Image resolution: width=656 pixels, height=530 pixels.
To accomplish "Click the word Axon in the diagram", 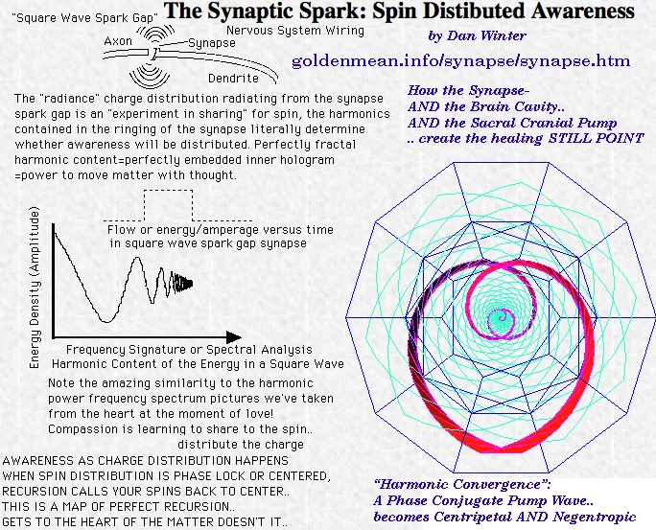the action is click(x=118, y=41).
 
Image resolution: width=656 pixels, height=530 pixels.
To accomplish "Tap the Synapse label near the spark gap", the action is click(x=212, y=43).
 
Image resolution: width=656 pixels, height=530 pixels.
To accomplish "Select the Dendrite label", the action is click(x=233, y=79).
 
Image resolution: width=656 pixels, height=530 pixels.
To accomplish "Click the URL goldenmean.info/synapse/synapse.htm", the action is click(x=461, y=61).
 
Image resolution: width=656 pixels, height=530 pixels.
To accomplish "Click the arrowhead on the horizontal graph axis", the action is click(x=234, y=337).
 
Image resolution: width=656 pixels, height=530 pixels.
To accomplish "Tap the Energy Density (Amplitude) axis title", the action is click(x=35, y=288).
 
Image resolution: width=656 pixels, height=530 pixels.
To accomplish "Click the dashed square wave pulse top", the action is click(x=168, y=191).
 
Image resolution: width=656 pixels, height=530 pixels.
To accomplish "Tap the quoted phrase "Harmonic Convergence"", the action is click(x=462, y=484).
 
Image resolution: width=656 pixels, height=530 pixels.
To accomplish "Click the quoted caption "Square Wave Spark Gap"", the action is click(x=85, y=18).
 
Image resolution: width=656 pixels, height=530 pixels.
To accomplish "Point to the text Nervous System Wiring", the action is click(x=295, y=31).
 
